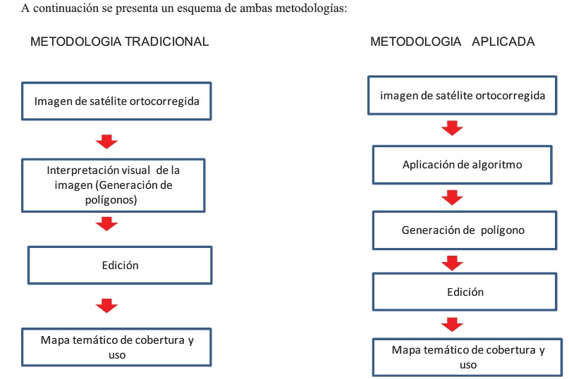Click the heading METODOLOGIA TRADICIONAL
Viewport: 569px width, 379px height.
[119, 42]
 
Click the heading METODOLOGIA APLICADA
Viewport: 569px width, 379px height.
[452, 42]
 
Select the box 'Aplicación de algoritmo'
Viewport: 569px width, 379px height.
[463, 165]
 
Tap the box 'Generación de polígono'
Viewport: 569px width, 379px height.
[465, 230]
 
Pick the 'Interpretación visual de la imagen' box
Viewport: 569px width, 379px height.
[114, 185]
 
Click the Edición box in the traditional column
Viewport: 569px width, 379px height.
[120, 265]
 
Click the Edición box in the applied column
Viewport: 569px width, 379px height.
[465, 292]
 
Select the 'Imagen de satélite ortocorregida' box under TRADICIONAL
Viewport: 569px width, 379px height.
[116, 101]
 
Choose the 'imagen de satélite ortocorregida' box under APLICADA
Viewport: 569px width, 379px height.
[463, 95]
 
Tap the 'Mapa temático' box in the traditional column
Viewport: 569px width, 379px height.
[116, 347]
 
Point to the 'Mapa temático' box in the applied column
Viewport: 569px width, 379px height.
[467, 357]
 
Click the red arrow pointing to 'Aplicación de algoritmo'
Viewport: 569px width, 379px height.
[452, 128]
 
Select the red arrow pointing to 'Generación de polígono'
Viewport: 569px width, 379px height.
[452, 198]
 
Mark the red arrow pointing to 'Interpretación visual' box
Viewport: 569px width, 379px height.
[106, 142]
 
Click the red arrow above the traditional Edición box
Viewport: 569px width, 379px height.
[106, 224]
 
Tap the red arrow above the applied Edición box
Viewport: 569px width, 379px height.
[452, 263]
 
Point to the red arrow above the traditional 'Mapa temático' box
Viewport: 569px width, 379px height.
[106, 306]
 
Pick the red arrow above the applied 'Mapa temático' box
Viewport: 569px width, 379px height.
[452, 325]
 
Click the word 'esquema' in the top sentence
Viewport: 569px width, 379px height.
[199, 8]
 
